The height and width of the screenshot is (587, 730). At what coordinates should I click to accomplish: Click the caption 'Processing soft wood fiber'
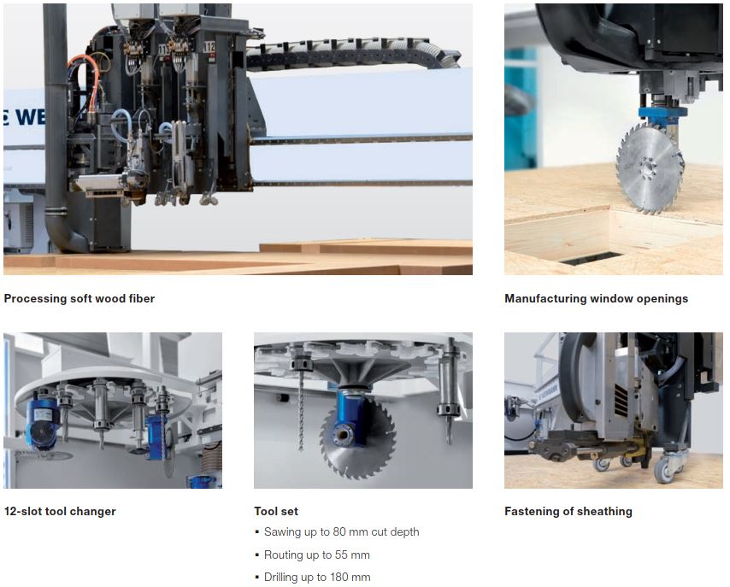pyautogui.click(x=79, y=298)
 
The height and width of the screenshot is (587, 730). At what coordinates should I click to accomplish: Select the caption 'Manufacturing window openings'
pyautogui.click(x=596, y=298)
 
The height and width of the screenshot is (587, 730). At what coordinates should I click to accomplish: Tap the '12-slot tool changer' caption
pyautogui.click(x=60, y=511)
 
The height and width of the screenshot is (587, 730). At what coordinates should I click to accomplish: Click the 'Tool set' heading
pyautogui.click(x=276, y=511)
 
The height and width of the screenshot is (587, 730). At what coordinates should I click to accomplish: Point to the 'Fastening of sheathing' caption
pyautogui.click(x=568, y=511)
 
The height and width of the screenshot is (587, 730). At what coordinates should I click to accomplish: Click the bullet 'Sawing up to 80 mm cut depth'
pyautogui.click(x=341, y=531)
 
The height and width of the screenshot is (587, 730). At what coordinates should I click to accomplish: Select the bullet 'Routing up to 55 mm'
pyautogui.click(x=316, y=555)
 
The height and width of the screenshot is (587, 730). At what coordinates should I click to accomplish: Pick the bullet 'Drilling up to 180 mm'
pyautogui.click(x=317, y=578)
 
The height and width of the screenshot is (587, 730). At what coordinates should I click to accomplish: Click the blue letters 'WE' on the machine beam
pyautogui.click(x=29, y=117)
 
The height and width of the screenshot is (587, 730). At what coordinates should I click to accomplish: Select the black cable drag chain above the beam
pyautogui.click(x=353, y=54)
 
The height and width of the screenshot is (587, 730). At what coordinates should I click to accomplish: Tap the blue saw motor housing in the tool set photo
pyautogui.click(x=352, y=418)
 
